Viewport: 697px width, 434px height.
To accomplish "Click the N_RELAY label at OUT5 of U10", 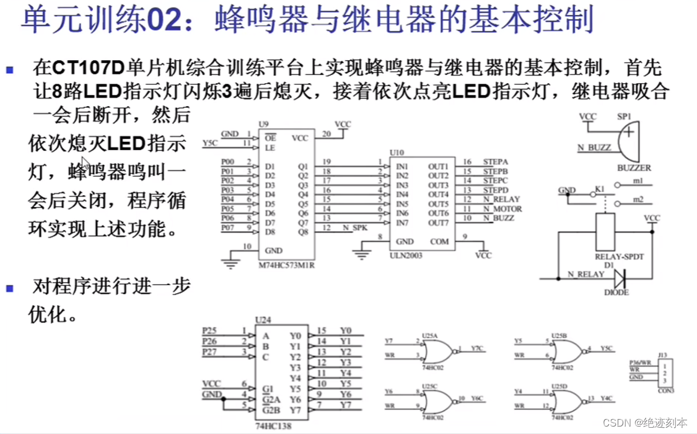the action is pyautogui.click(x=507, y=200).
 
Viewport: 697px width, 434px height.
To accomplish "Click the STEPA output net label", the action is pyautogui.click(x=496, y=162).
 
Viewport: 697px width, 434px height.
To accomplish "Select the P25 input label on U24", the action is pyautogui.click(x=210, y=330).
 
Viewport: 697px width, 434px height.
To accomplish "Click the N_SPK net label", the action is pyautogui.click(x=356, y=228).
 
